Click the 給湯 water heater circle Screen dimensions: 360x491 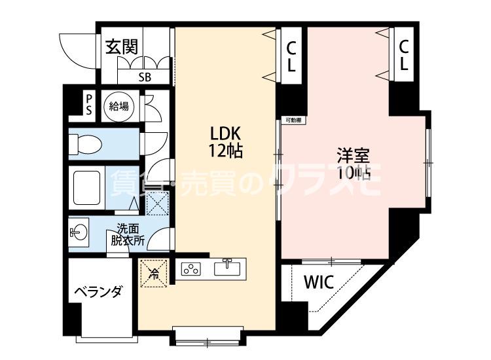tap(118, 106)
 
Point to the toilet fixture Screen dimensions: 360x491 tap(81, 142)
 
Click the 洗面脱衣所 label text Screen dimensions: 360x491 tap(128, 234)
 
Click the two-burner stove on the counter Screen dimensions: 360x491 tap(191, 269)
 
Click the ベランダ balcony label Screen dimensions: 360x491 tap(97, 292)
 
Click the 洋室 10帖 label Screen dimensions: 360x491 tap(354, 164)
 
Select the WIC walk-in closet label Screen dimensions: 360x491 tap(319, 284)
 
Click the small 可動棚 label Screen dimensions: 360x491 tap(293, 120)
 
